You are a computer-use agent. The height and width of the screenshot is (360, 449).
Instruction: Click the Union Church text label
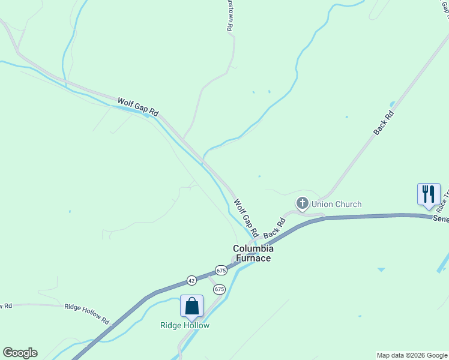point(336,204)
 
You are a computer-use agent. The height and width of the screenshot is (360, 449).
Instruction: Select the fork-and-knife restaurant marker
point(428,194)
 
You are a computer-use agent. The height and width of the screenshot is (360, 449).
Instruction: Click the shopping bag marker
point(191,306)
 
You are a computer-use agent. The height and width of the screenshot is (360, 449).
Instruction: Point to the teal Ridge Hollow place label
point(185,325)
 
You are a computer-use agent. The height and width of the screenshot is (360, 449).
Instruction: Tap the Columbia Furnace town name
point(253,253)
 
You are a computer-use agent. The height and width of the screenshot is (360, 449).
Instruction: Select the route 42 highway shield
point(191,280)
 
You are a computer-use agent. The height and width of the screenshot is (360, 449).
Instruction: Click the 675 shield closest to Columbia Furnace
point(221,270)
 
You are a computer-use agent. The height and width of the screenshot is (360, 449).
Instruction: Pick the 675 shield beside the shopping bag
point(219,289)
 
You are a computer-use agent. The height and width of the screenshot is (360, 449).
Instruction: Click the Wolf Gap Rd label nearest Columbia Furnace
point(246,217)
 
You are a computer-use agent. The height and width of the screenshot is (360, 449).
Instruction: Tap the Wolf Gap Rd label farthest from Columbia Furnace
point(138,107)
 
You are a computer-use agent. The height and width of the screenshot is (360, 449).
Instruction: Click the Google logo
point(20,353)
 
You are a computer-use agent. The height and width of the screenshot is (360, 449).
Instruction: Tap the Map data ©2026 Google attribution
point(412,355)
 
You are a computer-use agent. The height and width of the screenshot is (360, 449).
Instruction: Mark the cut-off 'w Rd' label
point(6,306)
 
